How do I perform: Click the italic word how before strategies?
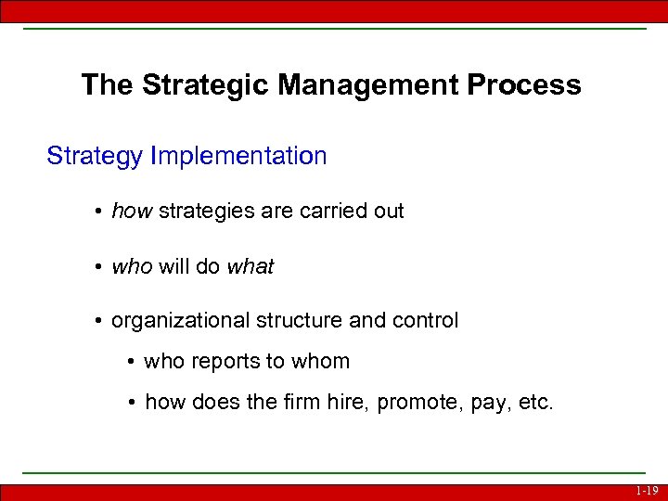(x=132, y=212)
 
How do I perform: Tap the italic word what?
(x=250, y=267)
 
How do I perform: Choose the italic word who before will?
(x=131, y=267)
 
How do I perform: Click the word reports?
(x=221, y=362)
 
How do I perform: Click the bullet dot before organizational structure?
(x=97, y=322)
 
